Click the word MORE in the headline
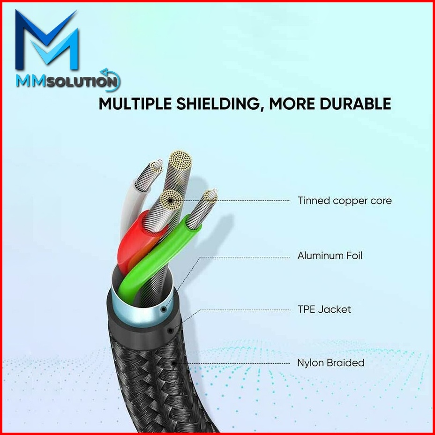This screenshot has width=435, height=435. [292, 103]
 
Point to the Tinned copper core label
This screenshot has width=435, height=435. [345, 201]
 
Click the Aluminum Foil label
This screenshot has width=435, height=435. [330, 256]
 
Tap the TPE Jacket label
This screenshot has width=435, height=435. [324, 309]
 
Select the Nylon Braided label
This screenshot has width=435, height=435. [330, 363]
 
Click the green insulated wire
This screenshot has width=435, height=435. [155, 262]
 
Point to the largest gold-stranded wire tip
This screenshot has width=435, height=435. [180, 162]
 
